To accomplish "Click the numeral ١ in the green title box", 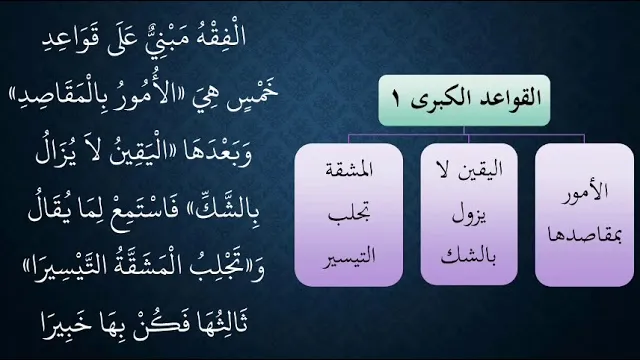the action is coord(396,100).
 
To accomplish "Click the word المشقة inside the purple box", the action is coord(349,170).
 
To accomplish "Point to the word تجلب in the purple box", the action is coord(349,214).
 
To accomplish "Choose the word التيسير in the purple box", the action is coord(349,258).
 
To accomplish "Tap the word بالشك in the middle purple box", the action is coord(469,257).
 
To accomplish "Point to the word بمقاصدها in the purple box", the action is coord(584,236).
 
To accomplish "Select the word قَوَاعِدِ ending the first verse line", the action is coord(66,39).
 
